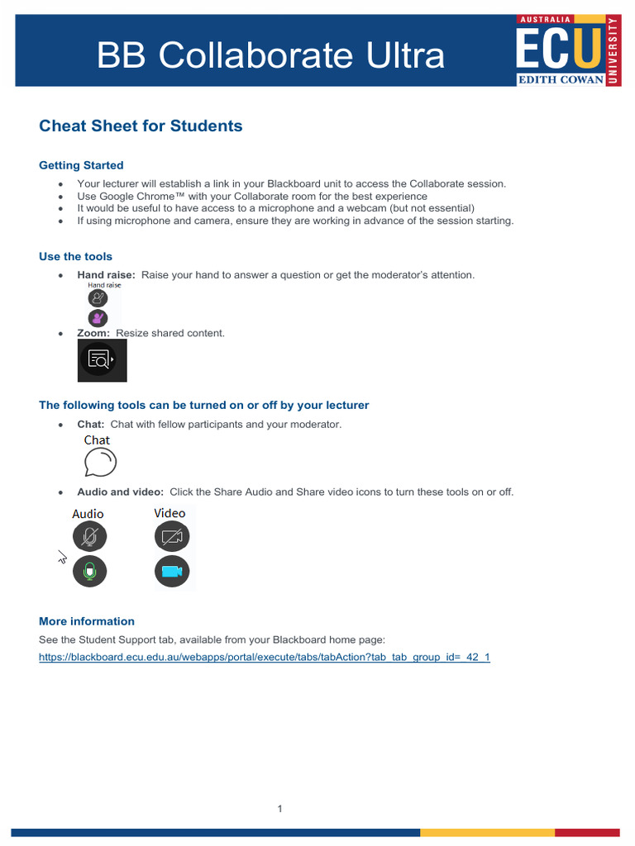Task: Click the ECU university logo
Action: point(567,50)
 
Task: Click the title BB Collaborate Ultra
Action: point(270,55)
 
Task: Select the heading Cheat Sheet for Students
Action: point(141,126)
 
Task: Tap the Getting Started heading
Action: point(81,165)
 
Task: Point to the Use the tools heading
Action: point(75,256)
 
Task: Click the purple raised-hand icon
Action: point(98,317)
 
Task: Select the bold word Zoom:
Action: point(93,333)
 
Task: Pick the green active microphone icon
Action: point(89,572)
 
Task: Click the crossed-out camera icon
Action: point(172,537)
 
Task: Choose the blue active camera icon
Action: point(172,572)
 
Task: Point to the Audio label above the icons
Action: point(88,514)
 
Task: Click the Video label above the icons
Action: point(169,513)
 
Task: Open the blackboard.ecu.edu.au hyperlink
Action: point(265,658)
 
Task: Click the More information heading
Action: point(87,621)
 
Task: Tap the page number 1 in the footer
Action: point(280,809)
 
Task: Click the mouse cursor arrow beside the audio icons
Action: point(62,558)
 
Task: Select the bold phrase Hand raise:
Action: point(106,274)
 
